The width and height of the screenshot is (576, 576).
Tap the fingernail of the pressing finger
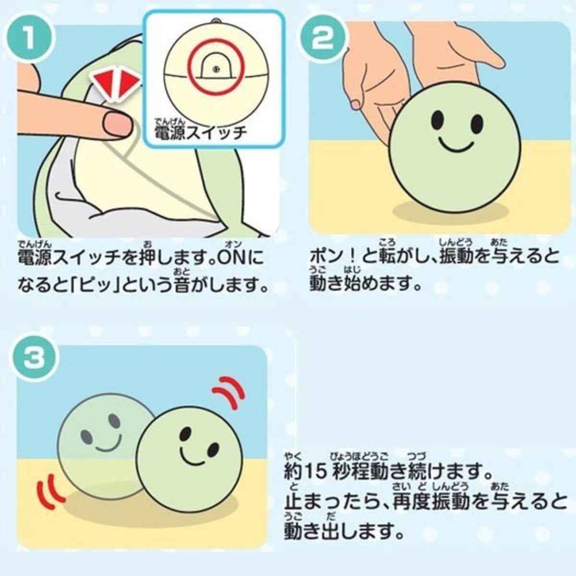(x=117, y=123)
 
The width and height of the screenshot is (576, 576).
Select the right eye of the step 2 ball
(x=477, y=123)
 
